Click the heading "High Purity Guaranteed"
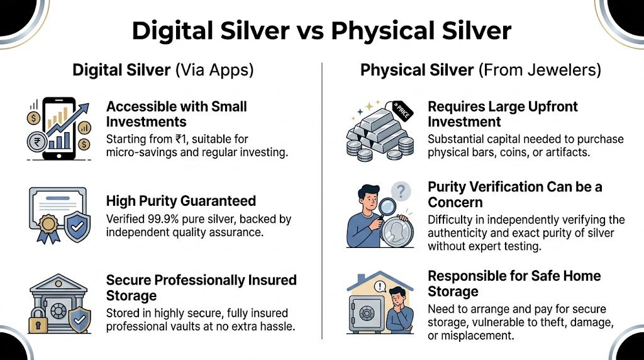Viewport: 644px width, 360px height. [x=181, y=201]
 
